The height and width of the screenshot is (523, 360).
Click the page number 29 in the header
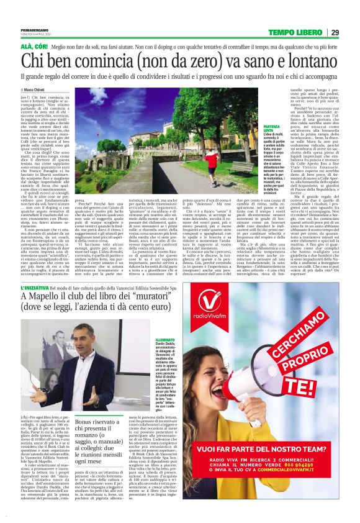point(335,32)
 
